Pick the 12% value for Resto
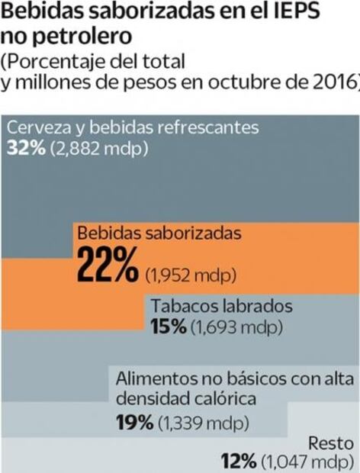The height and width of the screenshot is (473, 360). point(239,462)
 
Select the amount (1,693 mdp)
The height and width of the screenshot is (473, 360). point(236,328)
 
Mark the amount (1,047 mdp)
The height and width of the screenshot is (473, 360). point(307,462)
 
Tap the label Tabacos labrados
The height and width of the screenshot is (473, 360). point(222,307)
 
